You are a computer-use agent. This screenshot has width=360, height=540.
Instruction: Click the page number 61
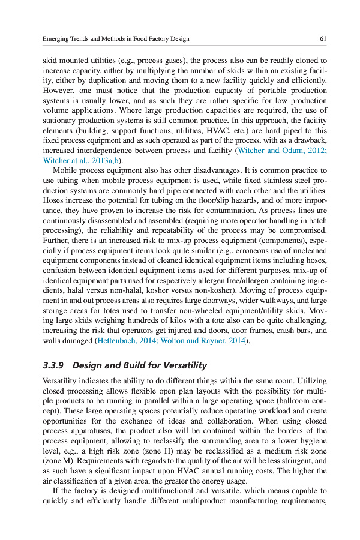point(323,39)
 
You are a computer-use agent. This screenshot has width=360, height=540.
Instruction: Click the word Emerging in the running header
point(56,39)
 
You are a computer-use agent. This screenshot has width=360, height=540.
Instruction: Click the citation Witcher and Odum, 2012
point(283,150)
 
